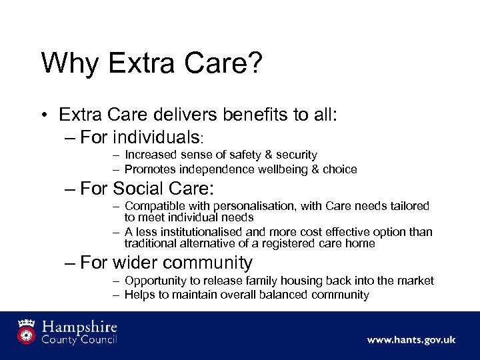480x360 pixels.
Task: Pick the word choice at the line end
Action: [x=341, y=169]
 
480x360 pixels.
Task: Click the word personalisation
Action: [x=251, y=207]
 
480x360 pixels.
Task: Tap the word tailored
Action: [x=409, y=207]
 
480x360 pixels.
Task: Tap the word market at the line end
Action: [x=415, y=281]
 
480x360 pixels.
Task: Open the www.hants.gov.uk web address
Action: [x=411, y=340]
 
